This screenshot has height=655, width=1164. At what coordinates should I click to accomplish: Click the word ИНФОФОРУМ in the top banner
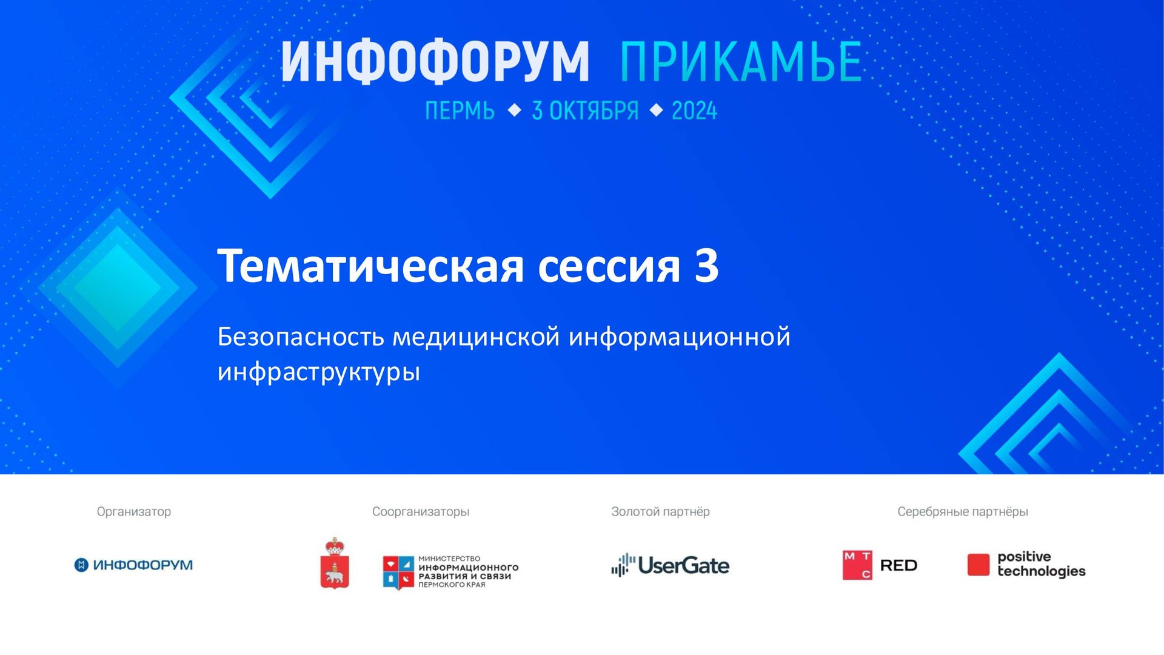pos(435,62)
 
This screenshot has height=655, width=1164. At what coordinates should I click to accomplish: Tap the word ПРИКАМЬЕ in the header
pos(740,62)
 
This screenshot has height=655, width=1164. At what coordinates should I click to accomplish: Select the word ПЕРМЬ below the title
pos(460,111)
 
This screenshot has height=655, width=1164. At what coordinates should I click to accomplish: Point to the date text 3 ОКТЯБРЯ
pos(585,111)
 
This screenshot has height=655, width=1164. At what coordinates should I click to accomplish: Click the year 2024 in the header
pos(694,111)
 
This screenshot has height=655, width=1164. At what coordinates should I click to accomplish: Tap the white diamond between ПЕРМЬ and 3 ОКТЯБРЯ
pos(514,110)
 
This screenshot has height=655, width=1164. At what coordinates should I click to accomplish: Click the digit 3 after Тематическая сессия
pos(706,266)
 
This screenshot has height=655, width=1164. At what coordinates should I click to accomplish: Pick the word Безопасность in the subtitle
pos(301,337)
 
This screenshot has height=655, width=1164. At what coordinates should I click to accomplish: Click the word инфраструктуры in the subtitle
pos(318,372)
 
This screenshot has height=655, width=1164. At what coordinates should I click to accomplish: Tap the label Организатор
pos(134,511)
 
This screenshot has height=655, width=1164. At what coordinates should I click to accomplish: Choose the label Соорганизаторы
pos(421,511)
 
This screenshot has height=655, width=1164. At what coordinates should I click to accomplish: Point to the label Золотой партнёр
pos(660,511)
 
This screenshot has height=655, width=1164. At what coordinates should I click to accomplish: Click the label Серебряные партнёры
pos(963,511)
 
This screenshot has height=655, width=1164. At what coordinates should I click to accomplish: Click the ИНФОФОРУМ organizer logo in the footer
pos(133,565)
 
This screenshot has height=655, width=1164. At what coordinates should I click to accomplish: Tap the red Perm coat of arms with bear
pos(335,564)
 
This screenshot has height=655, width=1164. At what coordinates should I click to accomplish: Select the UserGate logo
pos(670,565)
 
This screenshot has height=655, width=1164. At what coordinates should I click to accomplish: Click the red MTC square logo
pos(857,565)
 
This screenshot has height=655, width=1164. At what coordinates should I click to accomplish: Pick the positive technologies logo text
pos(1041,564)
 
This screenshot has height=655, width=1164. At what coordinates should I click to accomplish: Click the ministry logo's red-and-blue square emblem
pos(398,572)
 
